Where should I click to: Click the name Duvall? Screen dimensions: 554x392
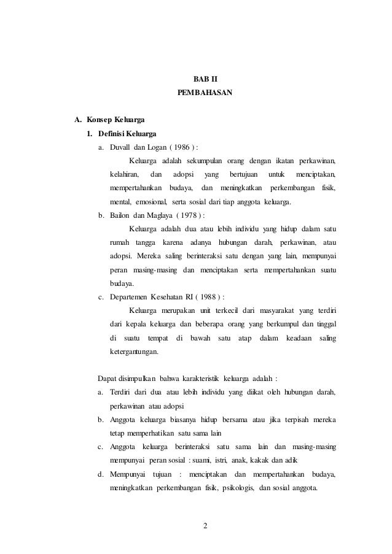point(120,148)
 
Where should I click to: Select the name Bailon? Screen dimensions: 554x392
point(120,215)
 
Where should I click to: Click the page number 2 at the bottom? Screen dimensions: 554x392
point(205,526)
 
